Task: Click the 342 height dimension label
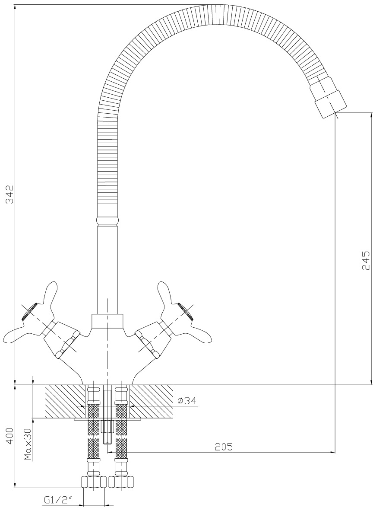coord(10,195)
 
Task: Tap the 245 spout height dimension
coord(366,260)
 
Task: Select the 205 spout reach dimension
coord(224,447)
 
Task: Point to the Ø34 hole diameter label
coord(187,401)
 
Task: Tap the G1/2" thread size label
coord(57,499)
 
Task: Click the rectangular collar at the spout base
coord(107,321)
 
